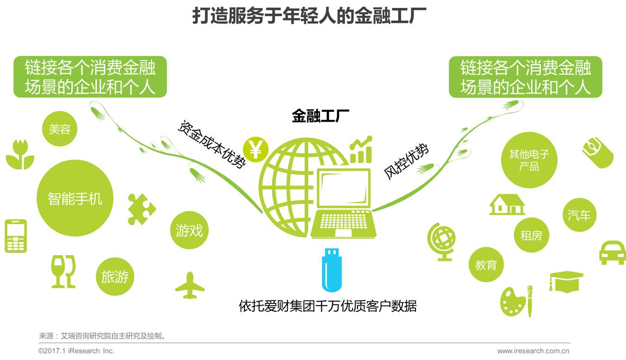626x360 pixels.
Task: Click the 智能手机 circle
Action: pyautogui.click(x=75, y=199)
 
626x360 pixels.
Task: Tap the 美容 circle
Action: pyautogui.click(x=60, y=129)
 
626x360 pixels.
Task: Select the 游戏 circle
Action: pyautogui.click(x=189, y=230)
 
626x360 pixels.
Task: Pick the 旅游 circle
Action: pyautogui.click(x=115, y=277)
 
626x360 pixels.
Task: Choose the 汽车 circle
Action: pyautogui.click(x=579, y=215)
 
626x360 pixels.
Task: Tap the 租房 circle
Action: pyautogui.click(x=531, y=235)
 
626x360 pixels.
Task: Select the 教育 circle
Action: pyautogui.click(x=486, y=265)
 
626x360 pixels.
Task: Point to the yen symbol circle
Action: pyautogui.click(x=255, y=149)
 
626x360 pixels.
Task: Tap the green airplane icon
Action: pyautogui.click(x=190, y=285)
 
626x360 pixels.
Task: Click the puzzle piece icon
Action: pyautogui.click(x=141, y=209)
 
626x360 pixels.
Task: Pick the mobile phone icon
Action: pyautogui.click(x=16, y=236)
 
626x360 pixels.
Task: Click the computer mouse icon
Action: pyautogui.click(x=598, y=153)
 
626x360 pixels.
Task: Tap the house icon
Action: pyautogui.click(x=507, y=205)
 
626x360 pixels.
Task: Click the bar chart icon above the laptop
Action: pyautogui.click(x=361, y=150)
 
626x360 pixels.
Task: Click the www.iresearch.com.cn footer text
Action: pyautogui.click(x=533, y=351)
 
